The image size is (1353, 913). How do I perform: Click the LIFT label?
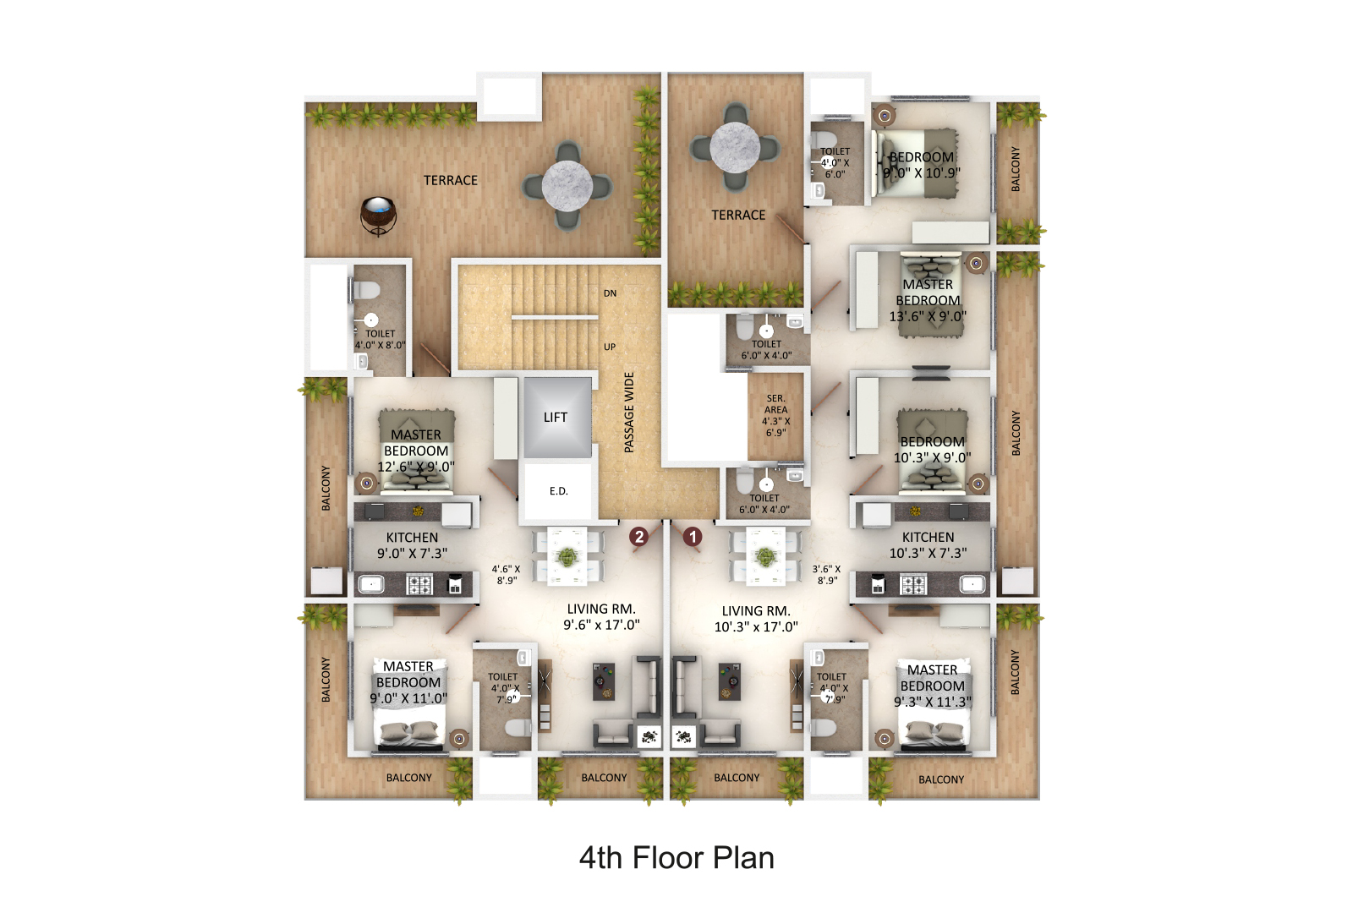tap(555, 418)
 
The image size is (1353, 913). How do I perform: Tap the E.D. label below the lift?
tap(559, 491)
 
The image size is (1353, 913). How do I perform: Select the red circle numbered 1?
tap(693, 536)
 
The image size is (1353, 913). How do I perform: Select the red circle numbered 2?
tap(638, 536)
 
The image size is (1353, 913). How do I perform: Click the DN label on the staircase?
tap(610, 293)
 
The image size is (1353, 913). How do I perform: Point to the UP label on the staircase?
tap(610, 347)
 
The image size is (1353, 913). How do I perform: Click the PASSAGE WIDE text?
tap(629, 413)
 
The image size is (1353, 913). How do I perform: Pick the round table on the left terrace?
tap(567, 186)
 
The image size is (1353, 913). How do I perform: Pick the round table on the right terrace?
tap(735, 147)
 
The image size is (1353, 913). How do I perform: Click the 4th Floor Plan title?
tap(676, 858)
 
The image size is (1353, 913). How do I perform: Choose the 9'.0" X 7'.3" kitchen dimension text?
tap(413, 553)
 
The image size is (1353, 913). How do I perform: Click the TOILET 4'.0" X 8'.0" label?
tap(380, 339)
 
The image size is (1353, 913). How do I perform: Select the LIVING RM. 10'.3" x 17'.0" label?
tap(756, 619)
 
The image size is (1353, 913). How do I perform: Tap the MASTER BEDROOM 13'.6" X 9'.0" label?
tap(928, 300)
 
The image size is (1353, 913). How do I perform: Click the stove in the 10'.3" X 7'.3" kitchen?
tap(912, 584)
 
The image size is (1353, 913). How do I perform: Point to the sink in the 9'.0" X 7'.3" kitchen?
tap(371, 584)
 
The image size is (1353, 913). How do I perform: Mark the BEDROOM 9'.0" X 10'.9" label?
tap(922, 165)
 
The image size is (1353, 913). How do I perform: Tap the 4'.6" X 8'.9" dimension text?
tap(507, 574)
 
